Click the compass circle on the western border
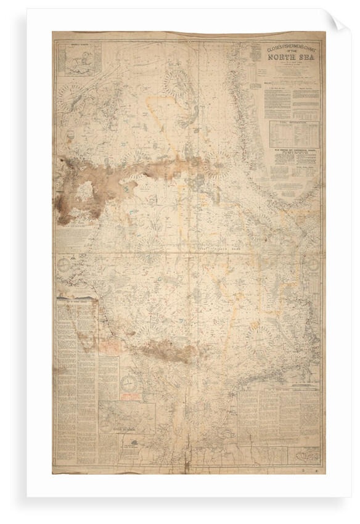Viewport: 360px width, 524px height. (64, 266)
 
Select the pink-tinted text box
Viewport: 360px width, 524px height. (109, 349)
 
